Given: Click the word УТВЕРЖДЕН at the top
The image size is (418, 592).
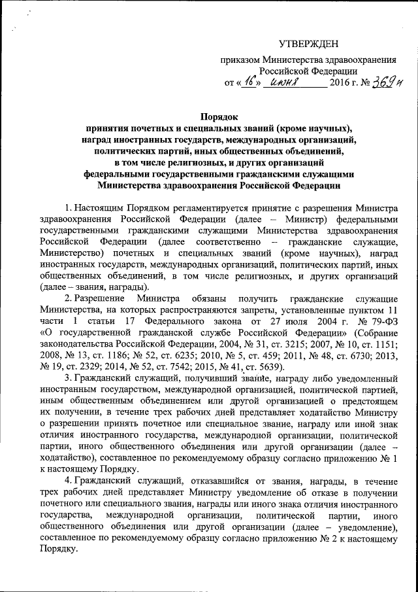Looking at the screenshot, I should pyautogui.click(x=309, y=44).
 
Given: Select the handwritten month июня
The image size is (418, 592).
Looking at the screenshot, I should pyautogui.click(x=286, y=83).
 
